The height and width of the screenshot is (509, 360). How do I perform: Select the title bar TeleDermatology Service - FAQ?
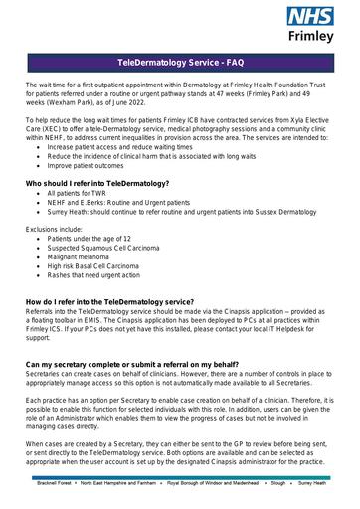[x=180, y=63]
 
